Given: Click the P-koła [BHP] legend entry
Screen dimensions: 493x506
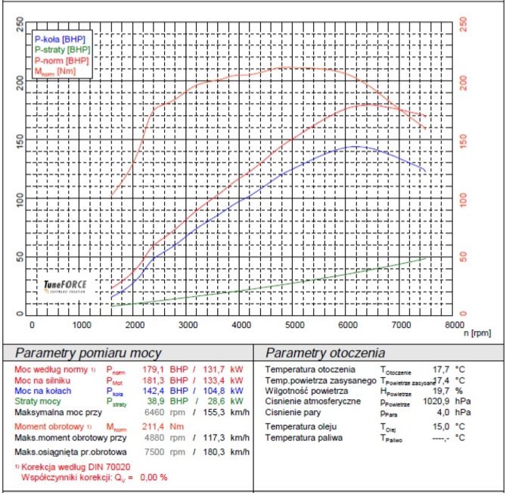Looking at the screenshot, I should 60,38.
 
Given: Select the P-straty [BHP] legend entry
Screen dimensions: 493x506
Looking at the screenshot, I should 62,48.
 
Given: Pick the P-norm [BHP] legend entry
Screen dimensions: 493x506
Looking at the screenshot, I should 61,59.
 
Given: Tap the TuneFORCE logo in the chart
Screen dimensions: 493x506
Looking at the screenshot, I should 65,286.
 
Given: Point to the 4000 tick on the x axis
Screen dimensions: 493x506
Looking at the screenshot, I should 242,325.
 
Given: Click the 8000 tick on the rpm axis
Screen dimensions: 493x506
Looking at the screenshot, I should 453,325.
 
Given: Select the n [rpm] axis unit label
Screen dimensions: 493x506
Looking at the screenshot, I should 477,332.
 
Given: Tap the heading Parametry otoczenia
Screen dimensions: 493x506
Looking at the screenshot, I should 325,353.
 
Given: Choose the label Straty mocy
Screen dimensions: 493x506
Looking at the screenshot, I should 39,402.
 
